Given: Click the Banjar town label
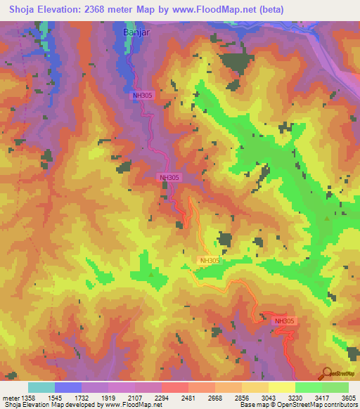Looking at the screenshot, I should [137, 32].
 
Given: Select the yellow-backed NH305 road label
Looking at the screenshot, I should [210, 261].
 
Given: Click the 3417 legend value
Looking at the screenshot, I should [321, 398].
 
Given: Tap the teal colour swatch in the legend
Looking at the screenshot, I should [41, 387].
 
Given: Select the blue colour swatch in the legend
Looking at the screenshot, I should [68, 387].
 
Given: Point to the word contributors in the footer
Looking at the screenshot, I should [342, 405].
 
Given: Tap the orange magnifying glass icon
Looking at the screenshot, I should [326, 373].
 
